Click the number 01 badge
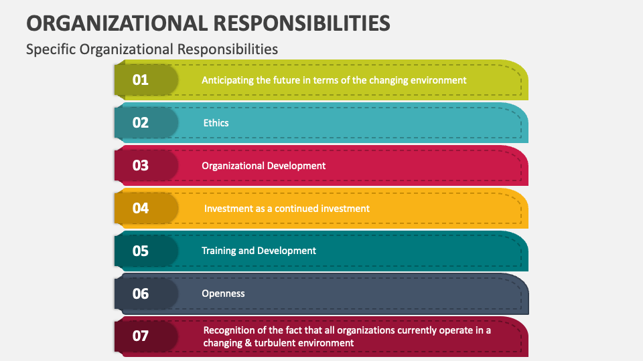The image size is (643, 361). point(141,80)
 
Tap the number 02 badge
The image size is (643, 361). point(141,123)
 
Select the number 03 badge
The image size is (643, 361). point(141,166)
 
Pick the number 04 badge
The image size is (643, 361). point(141,209)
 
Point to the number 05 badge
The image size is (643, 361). point(141,251)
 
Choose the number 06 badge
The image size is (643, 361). point(141,293)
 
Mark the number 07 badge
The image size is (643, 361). point(141,336)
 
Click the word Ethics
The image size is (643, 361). point(216,123)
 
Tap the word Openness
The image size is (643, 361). point(223,293)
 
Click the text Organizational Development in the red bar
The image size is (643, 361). point(264,166)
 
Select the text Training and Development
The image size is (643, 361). point(259,251)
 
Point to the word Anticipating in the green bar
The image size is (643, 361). point(228,80)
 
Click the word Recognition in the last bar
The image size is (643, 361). point(229,330)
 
